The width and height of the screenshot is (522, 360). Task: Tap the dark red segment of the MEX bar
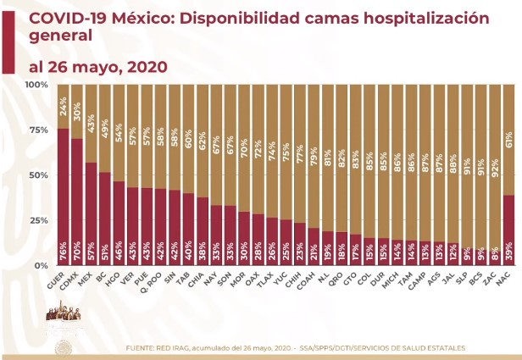[x=91, y=203]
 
